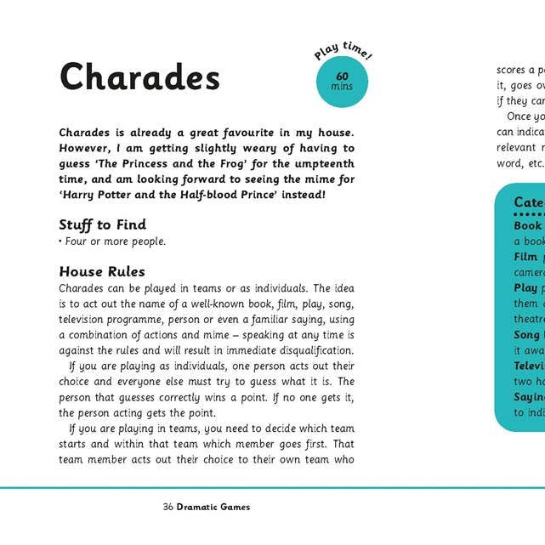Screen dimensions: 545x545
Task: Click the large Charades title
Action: point(139,77)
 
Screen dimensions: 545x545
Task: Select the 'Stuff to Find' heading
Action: point(102,224)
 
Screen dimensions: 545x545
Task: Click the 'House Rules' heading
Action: point(102,272)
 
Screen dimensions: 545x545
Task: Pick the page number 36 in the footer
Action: point(168,507)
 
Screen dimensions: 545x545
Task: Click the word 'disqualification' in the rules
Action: point(309,350)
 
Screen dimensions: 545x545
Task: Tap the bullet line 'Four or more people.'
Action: point(114,241)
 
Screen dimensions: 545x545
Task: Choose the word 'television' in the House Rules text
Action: point(86,320)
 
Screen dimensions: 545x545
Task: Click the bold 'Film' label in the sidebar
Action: point(525,257)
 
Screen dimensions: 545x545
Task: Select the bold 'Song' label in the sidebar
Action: point(527,335)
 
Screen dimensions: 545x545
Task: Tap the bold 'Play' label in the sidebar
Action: point(525,287)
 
